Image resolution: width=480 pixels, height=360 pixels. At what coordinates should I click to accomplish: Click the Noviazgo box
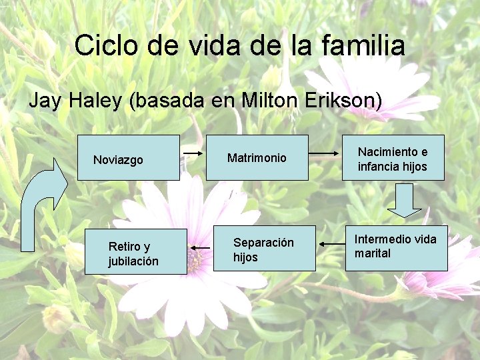point(128,158)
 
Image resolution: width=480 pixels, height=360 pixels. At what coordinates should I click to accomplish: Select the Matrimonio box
point(257,158)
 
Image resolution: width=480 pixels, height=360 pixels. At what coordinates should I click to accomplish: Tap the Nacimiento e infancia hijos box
point(392,159)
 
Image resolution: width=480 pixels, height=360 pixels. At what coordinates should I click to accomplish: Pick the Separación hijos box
point(264,249)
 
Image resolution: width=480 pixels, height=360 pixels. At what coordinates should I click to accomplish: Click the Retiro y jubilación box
point(135,252)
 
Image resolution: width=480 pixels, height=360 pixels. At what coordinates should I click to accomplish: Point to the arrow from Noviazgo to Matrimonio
point(193,153)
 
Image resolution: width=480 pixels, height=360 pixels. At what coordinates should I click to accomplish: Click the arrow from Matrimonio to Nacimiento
point(325,153)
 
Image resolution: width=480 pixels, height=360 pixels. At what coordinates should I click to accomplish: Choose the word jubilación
point(133,261)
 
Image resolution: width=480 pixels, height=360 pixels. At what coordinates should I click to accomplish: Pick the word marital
point(373,253)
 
